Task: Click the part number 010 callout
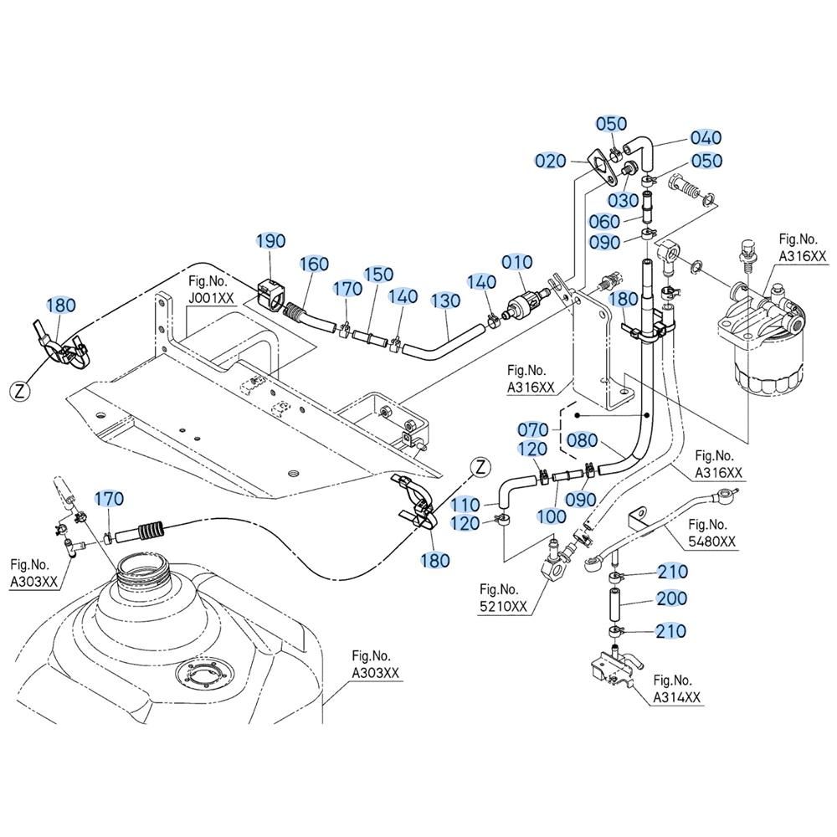pyautogui.click(x=516, y=262)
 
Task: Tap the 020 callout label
pyautogui.click(x=551, y=161)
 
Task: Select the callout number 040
pyautogui.click(x=706, y=138)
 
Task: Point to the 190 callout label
pyautogui.click(x=271, y=241)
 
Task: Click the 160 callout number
pyautogui.click(x=314, y=264)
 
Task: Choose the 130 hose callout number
pyautogui.click(x=446, y=301)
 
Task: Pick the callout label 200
pyautogui.click(x=671, y=598)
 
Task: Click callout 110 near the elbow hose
pyautogui.click(x=465, y=505)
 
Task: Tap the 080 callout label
pyautogui.click(x=582, y=440)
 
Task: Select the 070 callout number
pyautogui.click(x=532, y=429)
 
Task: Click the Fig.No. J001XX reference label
pyautogui.click(x=211, y=290)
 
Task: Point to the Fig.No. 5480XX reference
pyautogui.click(x=711, y=532)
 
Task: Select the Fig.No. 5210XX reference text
pyautogui.click(x=503, y=598)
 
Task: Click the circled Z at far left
pyautogui.click(x=20, y=392)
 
